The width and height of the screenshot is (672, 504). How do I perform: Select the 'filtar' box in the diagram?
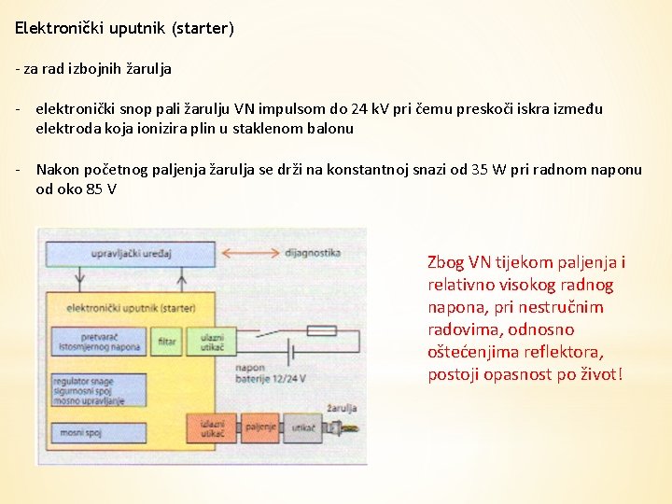167,342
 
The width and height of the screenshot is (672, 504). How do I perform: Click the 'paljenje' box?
260,427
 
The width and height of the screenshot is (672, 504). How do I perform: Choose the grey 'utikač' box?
301,427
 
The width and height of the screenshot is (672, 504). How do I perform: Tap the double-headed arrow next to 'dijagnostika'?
246,253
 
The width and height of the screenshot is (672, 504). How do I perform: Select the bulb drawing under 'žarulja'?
341,428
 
